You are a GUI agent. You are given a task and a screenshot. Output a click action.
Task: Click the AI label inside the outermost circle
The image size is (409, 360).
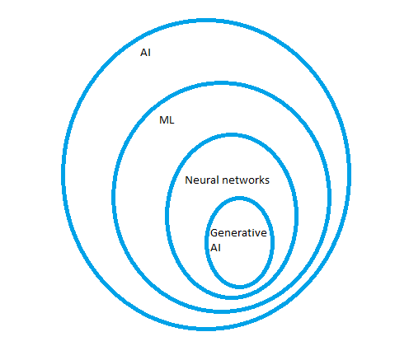pos(145,53)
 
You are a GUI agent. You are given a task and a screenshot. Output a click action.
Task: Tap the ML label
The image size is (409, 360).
pos(167,120)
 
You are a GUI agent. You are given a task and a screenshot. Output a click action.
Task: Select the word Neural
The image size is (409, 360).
pos(202,180)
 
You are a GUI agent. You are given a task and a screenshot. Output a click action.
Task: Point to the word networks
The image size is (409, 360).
pos(246,180)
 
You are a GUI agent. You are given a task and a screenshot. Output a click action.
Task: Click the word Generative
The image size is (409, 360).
pos(238,233)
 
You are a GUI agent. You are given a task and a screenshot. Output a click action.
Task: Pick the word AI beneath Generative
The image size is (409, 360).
pos(215,248)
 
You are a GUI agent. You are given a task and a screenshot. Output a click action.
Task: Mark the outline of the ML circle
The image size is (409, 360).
pos(113,196)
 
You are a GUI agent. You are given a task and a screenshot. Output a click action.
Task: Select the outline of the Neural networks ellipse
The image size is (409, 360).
pos(167,214)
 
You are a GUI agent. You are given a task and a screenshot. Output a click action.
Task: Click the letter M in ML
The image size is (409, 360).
pos(164,120)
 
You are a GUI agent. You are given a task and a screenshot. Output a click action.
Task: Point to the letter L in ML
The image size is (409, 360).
pos(172,120)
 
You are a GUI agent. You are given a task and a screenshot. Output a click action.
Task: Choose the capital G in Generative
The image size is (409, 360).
pos(214,233)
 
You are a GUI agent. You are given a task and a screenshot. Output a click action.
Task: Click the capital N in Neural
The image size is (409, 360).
pos(189,180)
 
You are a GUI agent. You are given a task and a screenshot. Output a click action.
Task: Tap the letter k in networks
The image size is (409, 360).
pos(262,180)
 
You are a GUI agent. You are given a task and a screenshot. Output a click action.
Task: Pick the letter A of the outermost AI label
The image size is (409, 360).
pos(143,53)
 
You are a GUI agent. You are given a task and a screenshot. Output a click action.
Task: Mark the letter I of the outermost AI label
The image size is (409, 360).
pos(149,53)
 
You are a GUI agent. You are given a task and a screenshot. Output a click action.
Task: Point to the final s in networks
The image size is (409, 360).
pos(267,181)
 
